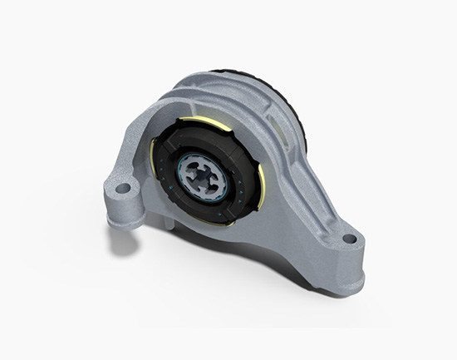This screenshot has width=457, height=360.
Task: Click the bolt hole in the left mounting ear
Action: click(123, 187)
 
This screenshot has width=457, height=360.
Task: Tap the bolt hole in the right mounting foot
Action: click(349, 239)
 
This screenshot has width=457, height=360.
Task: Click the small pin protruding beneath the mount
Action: click(167, 223)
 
